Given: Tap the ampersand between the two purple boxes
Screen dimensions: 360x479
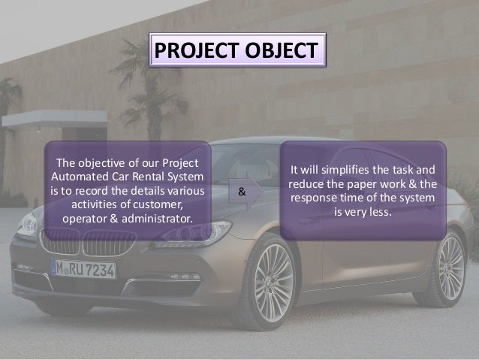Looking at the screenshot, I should [x=241, y=192].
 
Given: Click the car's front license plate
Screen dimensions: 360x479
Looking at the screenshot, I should [x=83, y=268].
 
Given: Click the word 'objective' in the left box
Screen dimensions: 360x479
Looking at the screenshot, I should [x=107, y=164].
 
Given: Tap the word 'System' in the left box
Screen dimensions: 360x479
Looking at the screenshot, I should [x=188, y=177].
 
